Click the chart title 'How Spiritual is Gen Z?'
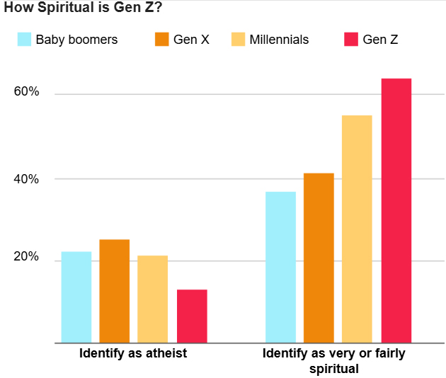coord(83,9)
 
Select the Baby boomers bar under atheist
coord(76,297)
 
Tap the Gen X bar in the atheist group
coord(114,291)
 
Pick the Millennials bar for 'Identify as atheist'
coord(152,299)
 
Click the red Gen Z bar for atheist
coord(192,316)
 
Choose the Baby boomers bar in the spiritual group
coord(280,267)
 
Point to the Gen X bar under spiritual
coord(319,258)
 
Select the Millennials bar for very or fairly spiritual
coord(357,229)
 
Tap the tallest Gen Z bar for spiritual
coord(396,210)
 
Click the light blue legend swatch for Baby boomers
coord(25,40)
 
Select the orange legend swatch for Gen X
coord(162,40)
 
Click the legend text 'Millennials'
coord(279,40)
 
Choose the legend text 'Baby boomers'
coord(76,40)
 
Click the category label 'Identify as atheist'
coord(133,353)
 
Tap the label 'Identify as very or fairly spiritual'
coord(333,360)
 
